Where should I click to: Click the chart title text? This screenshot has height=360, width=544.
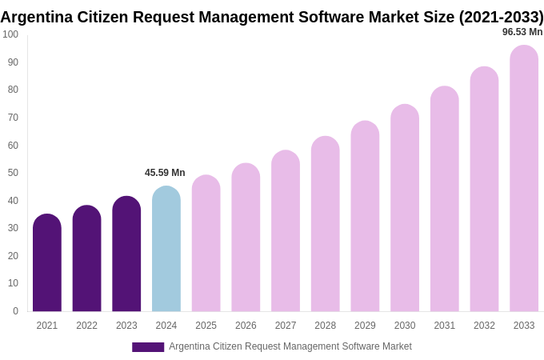pyautogui.click(x=272, y=17)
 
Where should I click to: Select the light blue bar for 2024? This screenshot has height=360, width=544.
pyautogui.click(x=166, y=250)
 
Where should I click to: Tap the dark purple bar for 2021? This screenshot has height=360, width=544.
pyautogui.click(x=47, y=263)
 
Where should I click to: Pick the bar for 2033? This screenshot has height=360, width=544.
pyautogui.click(x=524, y=179)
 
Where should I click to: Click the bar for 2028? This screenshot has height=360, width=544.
pyautogui.click(x=326, y=225)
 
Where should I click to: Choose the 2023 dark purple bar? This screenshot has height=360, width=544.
pyautogui.click(x=126, y=254)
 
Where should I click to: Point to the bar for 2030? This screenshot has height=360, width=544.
pyautogui.click(x=405, y=209)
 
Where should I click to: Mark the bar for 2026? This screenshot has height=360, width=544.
pyautogui.click(x=246, y=238)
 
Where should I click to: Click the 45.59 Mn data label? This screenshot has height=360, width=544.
pyautogui.click(x=165, y=173)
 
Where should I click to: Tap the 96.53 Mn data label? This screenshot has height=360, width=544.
pyautogui.click(x=522, y=32)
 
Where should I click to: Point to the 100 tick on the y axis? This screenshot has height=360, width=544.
pyautogui.click(x=10, y=34)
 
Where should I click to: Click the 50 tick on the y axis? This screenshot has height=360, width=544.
pyautogui.click(x=13, y=173)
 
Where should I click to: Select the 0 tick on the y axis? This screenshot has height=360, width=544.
pyautogui.click(x=15, y=311)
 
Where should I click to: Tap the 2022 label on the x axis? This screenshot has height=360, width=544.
pyautogui.click(x=86, y=326)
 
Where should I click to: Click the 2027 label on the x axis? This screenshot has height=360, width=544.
pyautogui.click(x=286, y=326)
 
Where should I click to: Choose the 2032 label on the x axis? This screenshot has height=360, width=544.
pyautogui.click(x=484, y=326)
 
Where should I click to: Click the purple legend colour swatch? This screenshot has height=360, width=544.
pyautogui.click(x=148, y=347)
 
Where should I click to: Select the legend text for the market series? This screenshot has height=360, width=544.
pyautogui.click(x=290, y=346)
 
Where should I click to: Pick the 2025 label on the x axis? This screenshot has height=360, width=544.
pyautogui.click(x=206, y=326)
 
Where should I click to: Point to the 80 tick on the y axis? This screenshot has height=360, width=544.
pyautogui.click(x=13, y=90)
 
